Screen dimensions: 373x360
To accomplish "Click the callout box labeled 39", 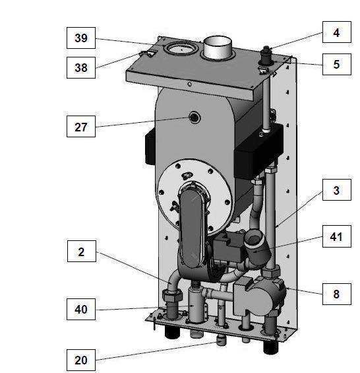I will click(80, 38).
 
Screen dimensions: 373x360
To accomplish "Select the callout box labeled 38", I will click(80, 65).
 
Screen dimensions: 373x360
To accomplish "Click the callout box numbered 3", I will click(336, 191).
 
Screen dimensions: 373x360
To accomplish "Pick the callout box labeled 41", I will click(336, 236).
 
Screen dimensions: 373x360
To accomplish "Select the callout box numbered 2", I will click(80, 252).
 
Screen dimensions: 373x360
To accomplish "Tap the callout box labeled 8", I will click(336, 294).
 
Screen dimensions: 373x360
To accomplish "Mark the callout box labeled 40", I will click(80, 308).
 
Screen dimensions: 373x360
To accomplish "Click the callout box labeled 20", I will click(80, 360).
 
